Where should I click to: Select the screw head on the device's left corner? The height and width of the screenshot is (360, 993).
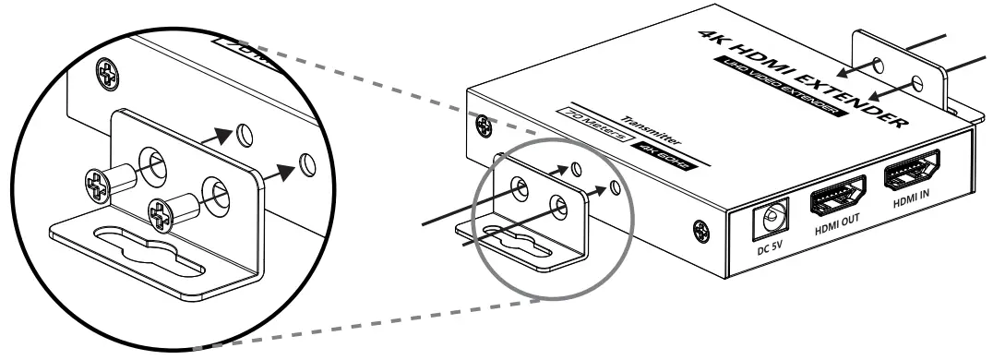coord(483,123)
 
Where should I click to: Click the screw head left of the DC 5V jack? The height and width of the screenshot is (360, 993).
coord(700,226)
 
